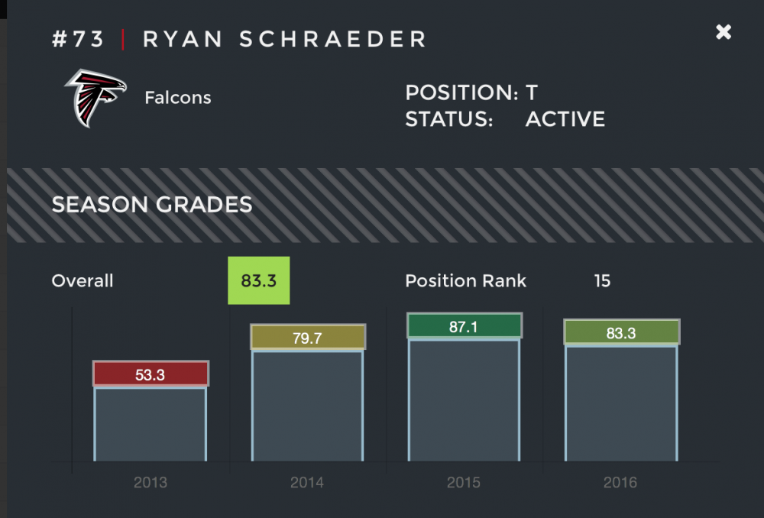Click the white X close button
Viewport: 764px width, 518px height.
(x=723, y=32)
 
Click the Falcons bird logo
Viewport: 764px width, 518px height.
(x=95, y=98)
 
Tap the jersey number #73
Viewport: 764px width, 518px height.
(x=78, y=40)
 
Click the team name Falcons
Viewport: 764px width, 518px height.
(x=177, y=98)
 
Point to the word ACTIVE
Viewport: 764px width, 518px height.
(x=565, y=119)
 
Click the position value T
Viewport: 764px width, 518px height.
(x=532, y=93)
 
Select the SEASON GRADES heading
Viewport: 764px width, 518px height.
(x=151, y=205)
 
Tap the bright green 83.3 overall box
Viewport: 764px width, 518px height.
(x=258, y=280)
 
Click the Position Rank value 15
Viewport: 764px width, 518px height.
(x=602, y=281)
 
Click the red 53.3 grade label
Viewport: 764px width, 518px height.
(x=151, y=374)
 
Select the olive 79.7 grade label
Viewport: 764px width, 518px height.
(x=308, y=338)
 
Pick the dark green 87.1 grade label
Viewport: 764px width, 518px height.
(x=464, y=326)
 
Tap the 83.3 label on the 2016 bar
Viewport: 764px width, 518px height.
(x=621, y=332)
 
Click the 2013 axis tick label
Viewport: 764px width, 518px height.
(x=150, y=483)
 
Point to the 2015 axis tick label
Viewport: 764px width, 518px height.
(x=464, y=483)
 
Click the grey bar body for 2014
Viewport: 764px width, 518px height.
(x=308, y=405)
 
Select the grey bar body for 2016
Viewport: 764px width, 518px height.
(x=621, y=403)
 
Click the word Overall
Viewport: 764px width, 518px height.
(x=83, y=281)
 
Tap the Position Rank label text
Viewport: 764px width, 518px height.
(x=465, y=281)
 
